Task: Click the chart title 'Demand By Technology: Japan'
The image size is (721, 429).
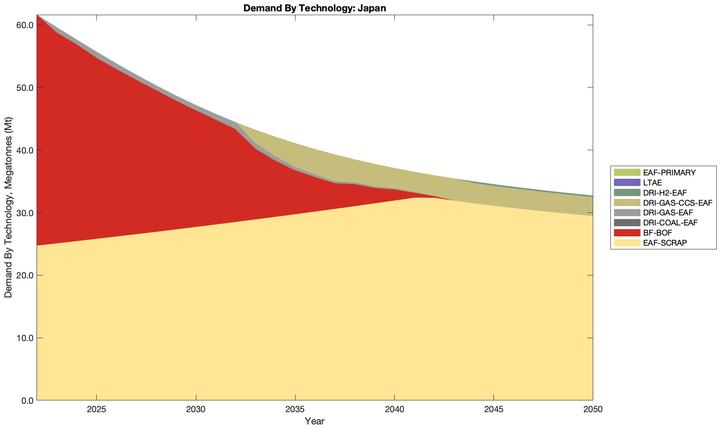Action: coord(314,8)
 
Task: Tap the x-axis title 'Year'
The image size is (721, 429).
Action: coord(314,421)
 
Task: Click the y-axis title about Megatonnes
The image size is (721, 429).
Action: coord(8,208)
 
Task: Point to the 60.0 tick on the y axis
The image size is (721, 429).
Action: coord(25,25)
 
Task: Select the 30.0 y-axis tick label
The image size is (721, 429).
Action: coord(25,213)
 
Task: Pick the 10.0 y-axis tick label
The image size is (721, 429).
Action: coord(25,338)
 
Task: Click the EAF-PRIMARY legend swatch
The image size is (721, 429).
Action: coord(626,172)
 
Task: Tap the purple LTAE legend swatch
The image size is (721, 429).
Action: coord(626,183)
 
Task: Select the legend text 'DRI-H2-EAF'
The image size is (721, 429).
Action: coord(665,193)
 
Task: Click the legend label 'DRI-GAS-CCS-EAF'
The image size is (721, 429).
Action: coord(677,203)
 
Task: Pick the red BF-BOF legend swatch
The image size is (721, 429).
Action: coord(626,233)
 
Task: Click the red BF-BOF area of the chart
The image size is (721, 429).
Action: coord(126,147)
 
